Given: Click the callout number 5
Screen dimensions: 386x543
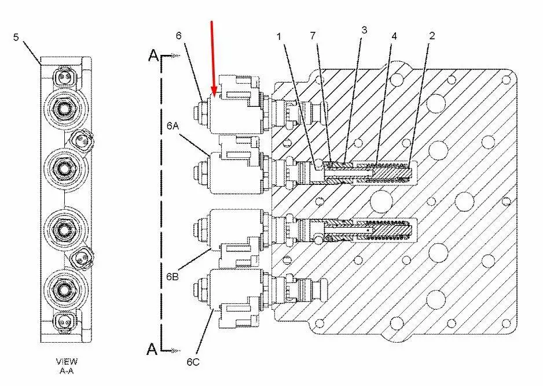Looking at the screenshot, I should coord(16,38).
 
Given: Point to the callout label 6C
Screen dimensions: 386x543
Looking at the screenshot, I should coord(193,362).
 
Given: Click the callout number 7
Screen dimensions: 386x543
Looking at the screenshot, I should coord(313,36).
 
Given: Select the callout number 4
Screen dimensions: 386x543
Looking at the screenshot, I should coord(394,36).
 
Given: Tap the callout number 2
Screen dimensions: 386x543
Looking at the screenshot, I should coord(432,36).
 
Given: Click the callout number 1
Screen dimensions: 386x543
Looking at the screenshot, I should coord(279,36).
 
